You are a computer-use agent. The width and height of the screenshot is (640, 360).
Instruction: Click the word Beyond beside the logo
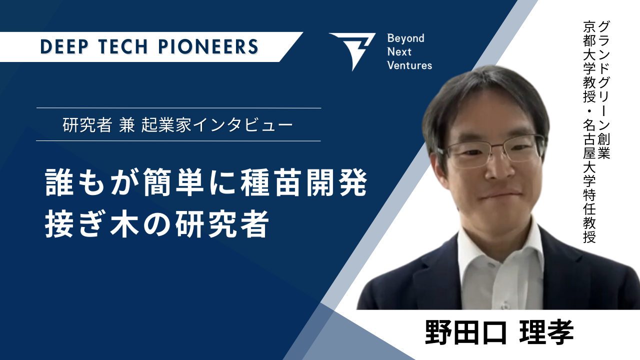[x=405, y=38]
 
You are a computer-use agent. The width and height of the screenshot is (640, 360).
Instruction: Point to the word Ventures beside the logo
[x=409, y=65]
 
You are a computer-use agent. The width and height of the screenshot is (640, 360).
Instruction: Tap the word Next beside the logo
[x=399, y=52]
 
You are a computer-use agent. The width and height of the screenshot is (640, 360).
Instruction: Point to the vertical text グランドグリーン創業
[x=604, y=90]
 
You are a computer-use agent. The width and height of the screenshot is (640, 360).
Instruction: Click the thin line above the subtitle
[x=178, y=108]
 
